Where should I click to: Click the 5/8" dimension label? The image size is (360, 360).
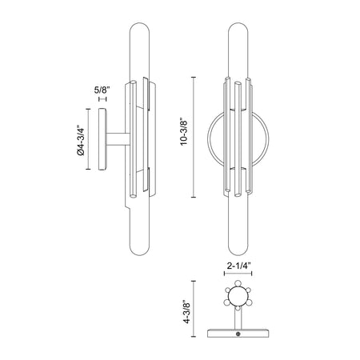click(x=102, y=90)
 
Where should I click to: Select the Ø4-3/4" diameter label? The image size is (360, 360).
click(x=81, y=140)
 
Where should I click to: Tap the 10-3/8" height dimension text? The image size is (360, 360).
click(x=184, y=132)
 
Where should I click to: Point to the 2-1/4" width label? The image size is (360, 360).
click(x=239, y=266)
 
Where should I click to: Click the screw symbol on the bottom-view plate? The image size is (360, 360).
click(x=238, y=334)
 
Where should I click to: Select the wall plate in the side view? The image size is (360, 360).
click(x=102, y=139)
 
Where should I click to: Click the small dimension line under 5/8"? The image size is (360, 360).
click(x=102, y=99)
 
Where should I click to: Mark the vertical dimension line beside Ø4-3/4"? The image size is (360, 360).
click(x=88, y=139)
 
